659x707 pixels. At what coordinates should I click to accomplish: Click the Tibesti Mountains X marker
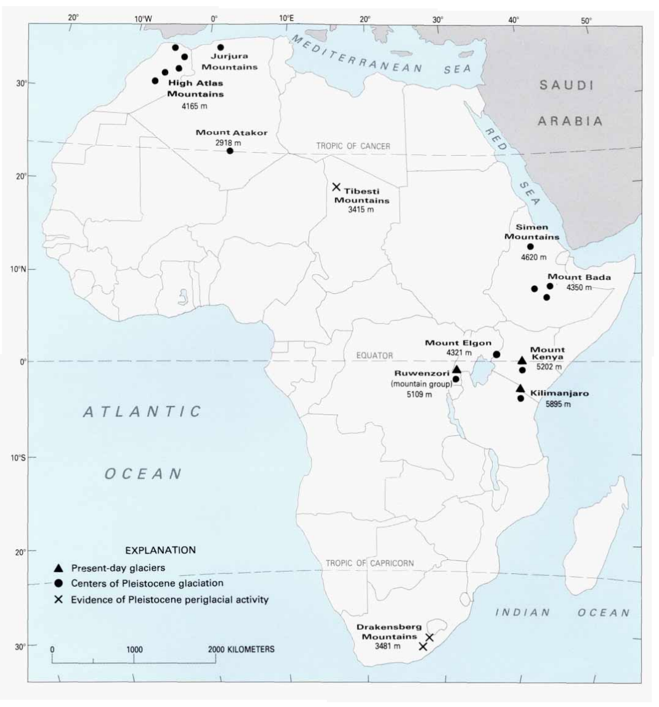pyautogui.click(x=336, y=187)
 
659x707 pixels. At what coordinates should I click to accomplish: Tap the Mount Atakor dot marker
pyautogui.click(x=230, y=151)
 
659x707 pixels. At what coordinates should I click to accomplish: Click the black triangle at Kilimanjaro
pyautogui.click(x=520, y=389)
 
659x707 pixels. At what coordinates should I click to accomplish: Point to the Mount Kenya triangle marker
pyautogui.click(x=522, y=361)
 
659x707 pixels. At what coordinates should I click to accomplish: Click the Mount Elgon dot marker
pyautogui.click(x=496, y=354)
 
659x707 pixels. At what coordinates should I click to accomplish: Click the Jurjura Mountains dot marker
pyautogui.click(x=220, y=47)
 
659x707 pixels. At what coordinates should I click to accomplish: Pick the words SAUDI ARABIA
pyautogui.click(x=570, y=103)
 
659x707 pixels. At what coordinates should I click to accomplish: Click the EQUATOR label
pyautogui.click(x=374, y=355)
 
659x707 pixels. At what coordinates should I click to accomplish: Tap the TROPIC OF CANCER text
pyautogui.click(x=354, y=146)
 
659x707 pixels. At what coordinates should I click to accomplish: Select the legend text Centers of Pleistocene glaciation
pyautogui.click(x=147, y=583)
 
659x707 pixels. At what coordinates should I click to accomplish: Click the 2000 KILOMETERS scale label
pyautogui.click(x=241, y=649)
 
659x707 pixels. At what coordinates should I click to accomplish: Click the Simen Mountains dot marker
pyautogui.click(x=530, y=246)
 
